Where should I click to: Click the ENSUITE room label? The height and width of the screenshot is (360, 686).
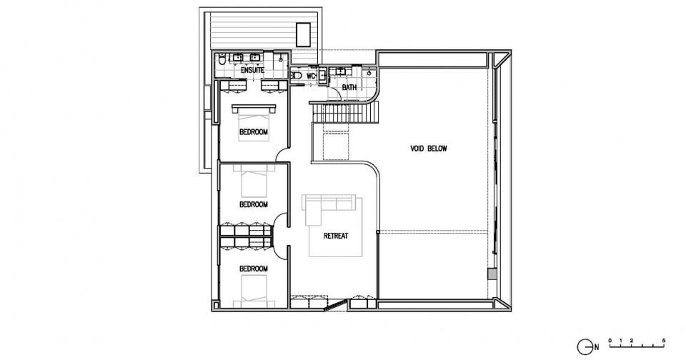(252, 70)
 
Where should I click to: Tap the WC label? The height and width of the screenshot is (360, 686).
(311, 76)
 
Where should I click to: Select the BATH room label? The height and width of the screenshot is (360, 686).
(349, 87)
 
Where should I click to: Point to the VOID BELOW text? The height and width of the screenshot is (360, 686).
(429, 149)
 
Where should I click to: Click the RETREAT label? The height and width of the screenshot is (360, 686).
(336, 236)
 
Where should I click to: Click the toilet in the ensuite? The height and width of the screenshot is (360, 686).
(222, 59)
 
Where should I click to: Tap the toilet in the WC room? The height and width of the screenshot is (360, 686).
(297, 76)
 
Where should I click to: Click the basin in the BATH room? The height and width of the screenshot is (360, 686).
(339, 71)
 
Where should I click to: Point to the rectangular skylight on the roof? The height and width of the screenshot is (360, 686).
(303, 34)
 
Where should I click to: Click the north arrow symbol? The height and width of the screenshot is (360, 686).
(584, 346)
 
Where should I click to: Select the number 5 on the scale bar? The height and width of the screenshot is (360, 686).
(664, 340)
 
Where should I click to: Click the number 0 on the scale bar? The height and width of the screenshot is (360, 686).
(610, 340)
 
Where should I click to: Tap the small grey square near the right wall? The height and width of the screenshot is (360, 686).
(492, 274)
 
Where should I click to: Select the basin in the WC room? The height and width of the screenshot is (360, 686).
(322, 76)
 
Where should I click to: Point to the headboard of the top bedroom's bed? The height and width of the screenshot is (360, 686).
(254, 108)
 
